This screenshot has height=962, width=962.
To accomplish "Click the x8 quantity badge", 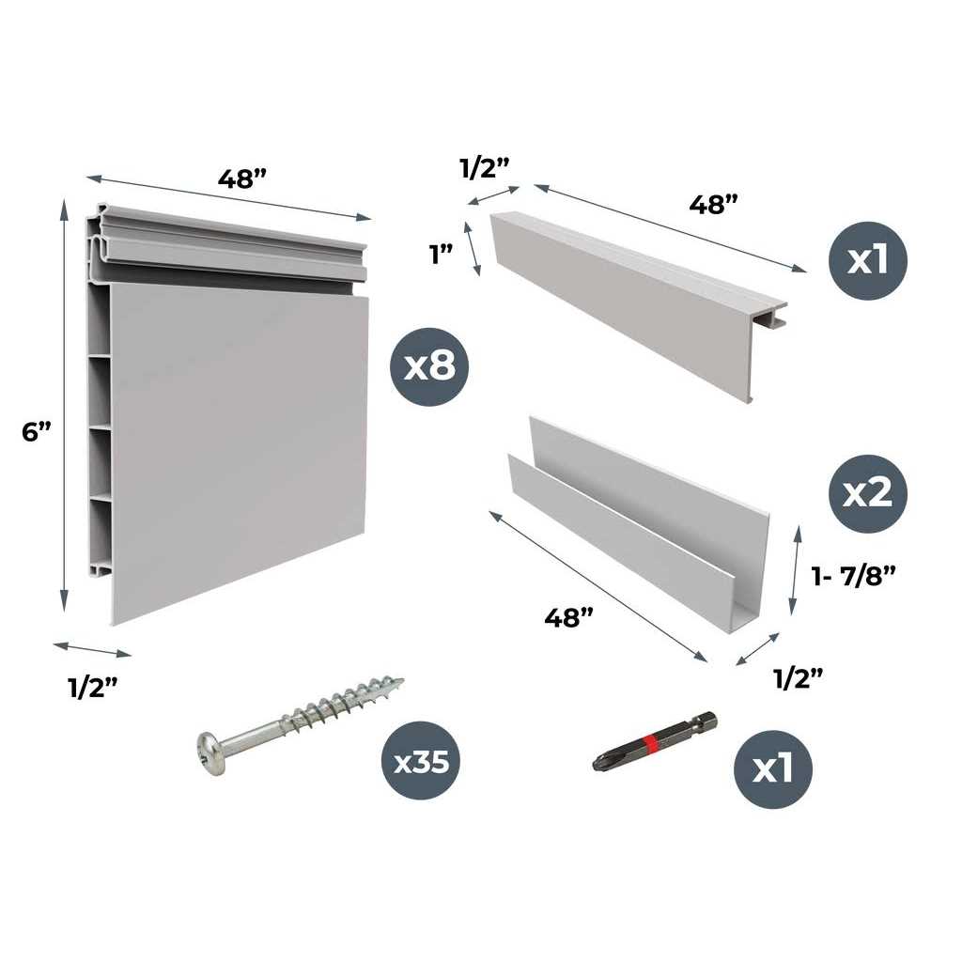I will [x=429, y=367].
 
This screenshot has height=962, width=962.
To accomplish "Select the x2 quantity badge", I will [x=868, y=493].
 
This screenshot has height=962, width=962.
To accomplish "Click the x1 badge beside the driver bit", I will [x=772, y=770].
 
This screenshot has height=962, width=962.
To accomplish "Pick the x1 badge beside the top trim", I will [x=868, y=260].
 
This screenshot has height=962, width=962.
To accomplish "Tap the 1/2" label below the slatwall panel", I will [x=92, y=688].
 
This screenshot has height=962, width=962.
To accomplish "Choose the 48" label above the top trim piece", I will [x=713, y=204].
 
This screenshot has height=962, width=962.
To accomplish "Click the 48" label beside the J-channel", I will [x=569, y=617].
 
